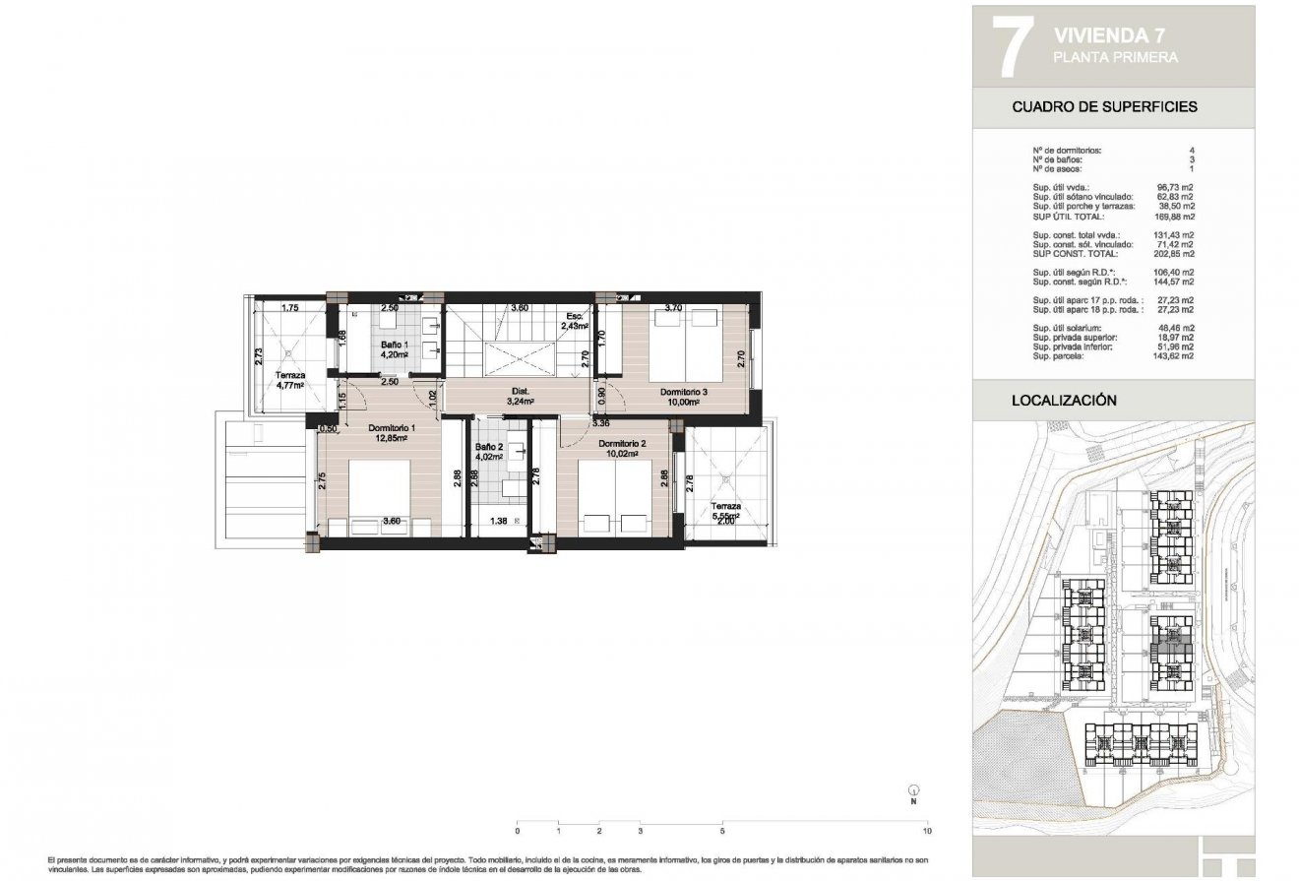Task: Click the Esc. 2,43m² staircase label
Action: (x=574, y=321)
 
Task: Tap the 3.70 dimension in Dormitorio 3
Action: (x=673, y=308)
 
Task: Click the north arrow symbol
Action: (x=913, y=790)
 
